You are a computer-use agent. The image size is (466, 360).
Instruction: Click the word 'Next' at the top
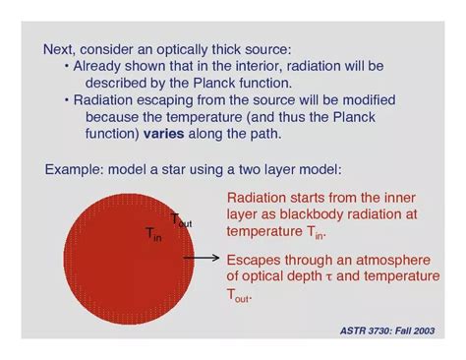58,48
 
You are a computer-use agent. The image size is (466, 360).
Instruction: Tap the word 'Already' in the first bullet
97,66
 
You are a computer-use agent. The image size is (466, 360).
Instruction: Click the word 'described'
117,83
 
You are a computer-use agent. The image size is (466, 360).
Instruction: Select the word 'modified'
363,100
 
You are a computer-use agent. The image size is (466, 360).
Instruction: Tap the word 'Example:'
75,170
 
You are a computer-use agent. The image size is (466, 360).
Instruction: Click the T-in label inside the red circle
153,234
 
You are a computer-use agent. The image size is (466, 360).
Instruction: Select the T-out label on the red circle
181,221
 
